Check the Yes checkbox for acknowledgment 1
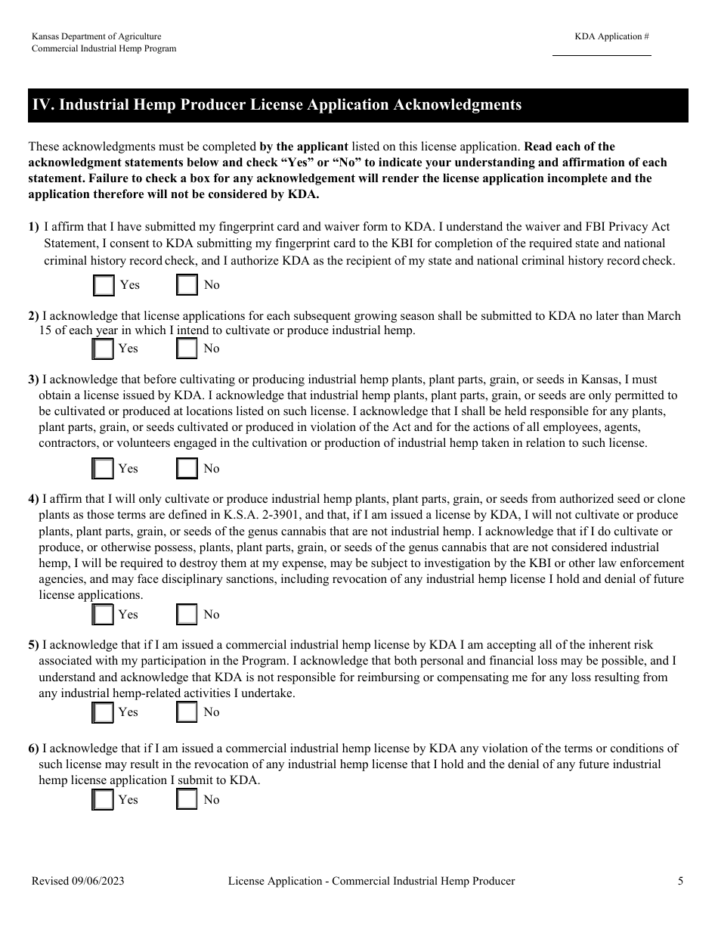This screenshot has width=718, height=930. point(104,285)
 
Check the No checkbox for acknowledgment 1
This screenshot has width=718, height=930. point(187,285)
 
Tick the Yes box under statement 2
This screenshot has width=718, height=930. point(102,349)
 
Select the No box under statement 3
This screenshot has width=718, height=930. point(187,469)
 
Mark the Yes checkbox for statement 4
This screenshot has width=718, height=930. point(102,615)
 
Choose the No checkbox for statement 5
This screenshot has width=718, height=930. point(187,712)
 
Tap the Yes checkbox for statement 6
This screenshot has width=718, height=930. point(102,799)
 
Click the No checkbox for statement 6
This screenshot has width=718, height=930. point(187,799)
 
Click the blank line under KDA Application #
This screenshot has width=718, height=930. point(602,54)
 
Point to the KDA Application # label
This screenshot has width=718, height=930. point(611,36)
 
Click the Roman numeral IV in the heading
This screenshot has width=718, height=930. point(42,105)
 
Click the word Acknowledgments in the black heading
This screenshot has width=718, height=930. point(457,105)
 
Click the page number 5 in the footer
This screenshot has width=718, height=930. point(680,881)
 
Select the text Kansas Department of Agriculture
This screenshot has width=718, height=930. point(96,36)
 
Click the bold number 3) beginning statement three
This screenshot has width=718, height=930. point(33,380)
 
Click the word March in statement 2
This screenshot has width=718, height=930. point(664,316)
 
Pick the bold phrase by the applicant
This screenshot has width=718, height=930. point(303,147)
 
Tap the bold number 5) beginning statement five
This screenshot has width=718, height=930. point(33,645)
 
